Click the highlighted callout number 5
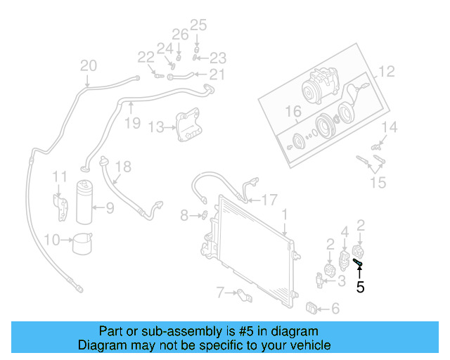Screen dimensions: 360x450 tap(360, 287)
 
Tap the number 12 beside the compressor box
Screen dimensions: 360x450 tap(387, 72)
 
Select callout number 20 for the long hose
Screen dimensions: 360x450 tap(88, 66)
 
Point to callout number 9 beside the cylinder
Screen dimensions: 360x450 tap(110, 207)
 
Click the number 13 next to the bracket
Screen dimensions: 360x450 tap(155, 127)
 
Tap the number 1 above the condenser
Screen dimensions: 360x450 tap(285, 214)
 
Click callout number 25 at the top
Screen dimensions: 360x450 tap(198, 26)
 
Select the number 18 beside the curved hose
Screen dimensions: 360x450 tap(123, 167)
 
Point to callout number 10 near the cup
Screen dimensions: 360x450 tap(52, 240)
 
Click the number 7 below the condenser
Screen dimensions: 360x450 tap(220, 292)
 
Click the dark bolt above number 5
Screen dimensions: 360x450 tap(358, 263)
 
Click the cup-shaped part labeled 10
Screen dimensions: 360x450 tap(83, 243)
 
